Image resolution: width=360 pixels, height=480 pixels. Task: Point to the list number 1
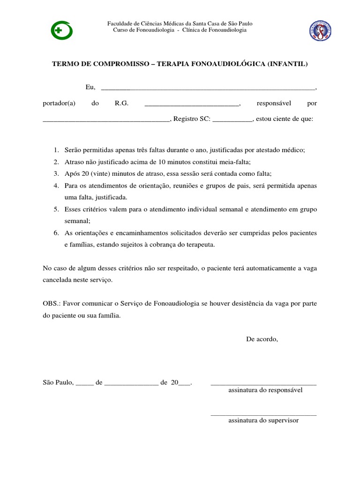click(x=56, y=150)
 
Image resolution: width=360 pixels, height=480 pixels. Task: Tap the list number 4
click(x=56, y=186)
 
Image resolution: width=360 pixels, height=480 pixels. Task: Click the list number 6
click(x=56, y=233)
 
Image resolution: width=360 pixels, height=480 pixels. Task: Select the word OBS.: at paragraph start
click(x=52, y=304)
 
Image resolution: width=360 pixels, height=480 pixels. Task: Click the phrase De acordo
click(x=262, y=339)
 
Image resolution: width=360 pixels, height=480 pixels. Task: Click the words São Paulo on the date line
click(x=58, y=382)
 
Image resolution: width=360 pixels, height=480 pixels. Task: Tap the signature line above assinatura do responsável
click(x=263, y=385)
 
